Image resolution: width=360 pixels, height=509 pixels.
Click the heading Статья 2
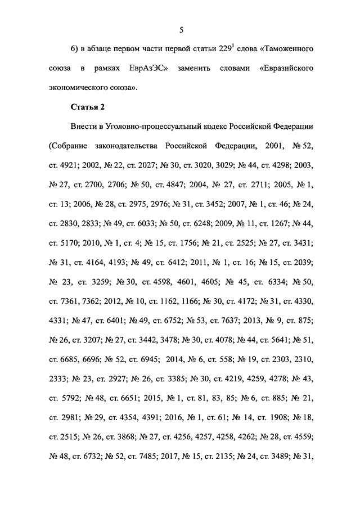(x=88, y=106)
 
